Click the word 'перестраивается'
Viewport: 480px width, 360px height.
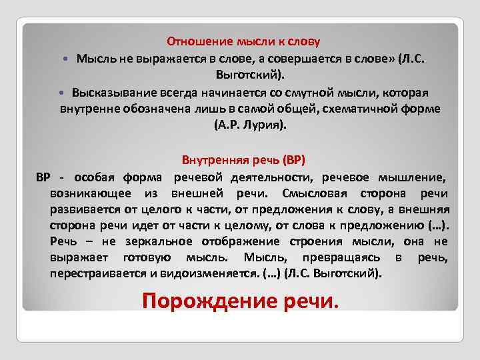click(x=96, y=273)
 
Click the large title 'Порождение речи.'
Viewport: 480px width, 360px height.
click(x=241, y=301)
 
